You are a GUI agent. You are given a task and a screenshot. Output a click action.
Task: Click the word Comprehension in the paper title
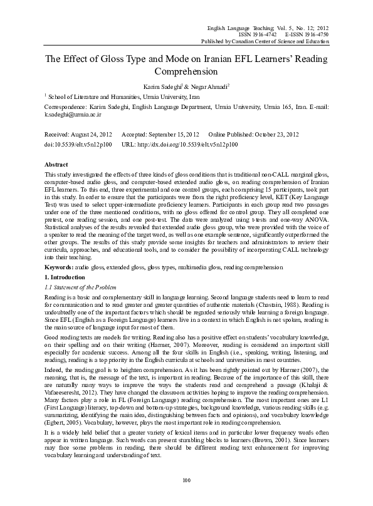click(186, 71)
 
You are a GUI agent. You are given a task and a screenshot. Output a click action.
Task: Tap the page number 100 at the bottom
click(186, 497)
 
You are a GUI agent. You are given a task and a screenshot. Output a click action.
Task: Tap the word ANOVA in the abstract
click(328, 220)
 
